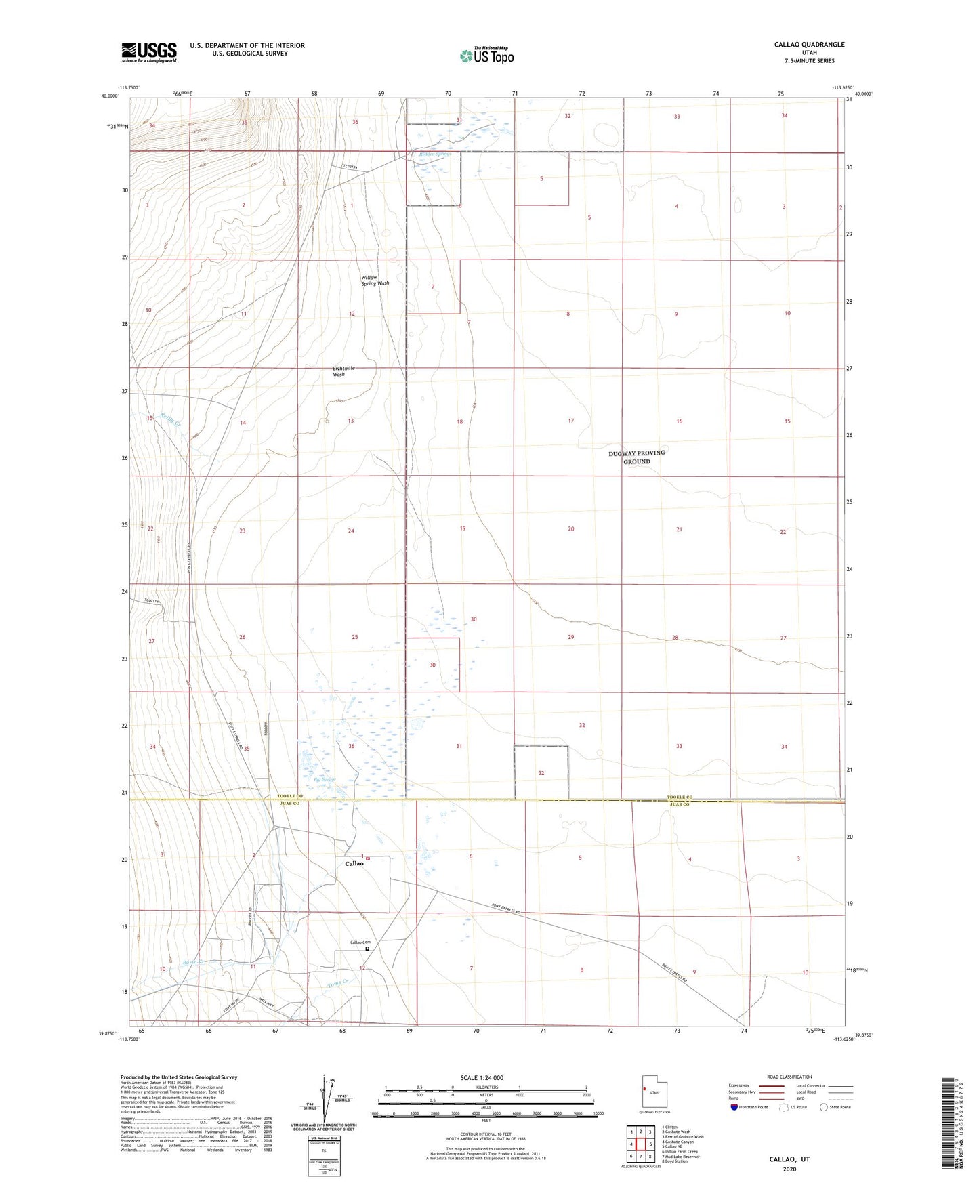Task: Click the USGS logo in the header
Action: click(149, 51)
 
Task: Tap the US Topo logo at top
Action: click(486, 56)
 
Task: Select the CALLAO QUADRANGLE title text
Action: click(809, 45)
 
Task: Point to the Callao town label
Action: click(354, 863)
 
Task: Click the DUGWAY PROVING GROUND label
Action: click(636, 457)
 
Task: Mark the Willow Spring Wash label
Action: click(375, 281)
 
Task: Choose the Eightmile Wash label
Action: click(343, 371)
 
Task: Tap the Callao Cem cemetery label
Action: click(360, 942)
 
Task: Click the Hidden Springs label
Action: click(434, 154)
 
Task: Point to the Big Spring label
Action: click(325, 779)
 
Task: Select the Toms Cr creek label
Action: click(337, 984)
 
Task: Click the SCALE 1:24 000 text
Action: click(482, 1077)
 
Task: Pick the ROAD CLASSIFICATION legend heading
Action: click(789, 1077)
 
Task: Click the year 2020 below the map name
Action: click(789, 1169)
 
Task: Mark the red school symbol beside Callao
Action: click(368, 858)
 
